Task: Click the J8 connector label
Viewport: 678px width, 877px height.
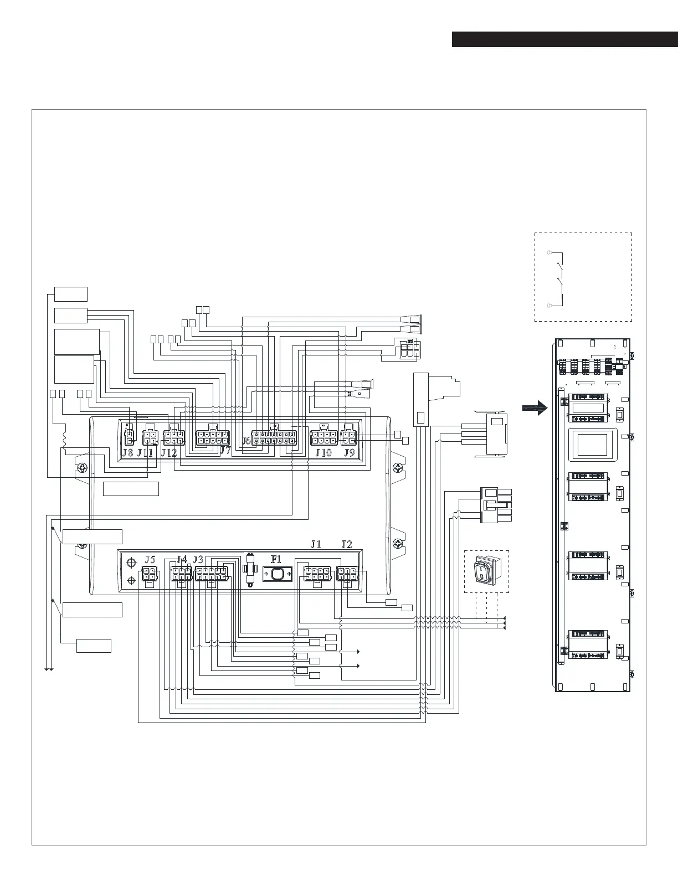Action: tap(127, 452)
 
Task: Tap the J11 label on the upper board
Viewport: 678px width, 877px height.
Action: tap(145, 452)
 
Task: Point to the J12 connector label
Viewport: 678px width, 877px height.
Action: tap(169, 452)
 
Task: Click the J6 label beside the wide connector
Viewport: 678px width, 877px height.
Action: tap(247, 441)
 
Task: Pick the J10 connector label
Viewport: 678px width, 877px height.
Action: tap(323, 452)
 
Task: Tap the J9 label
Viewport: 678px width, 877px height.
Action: tap(349, 452)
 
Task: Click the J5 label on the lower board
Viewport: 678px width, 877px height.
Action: tap(150, 559)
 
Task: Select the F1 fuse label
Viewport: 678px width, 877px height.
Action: tap(276, 559)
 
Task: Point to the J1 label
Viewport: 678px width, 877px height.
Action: tap(316, 544)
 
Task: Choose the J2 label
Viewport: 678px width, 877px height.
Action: tap(347, 544)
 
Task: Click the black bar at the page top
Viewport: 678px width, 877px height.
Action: tap(564, 39)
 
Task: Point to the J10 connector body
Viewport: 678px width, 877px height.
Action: tap(323, 438)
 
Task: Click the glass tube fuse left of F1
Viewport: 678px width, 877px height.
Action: tap(252, 569)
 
